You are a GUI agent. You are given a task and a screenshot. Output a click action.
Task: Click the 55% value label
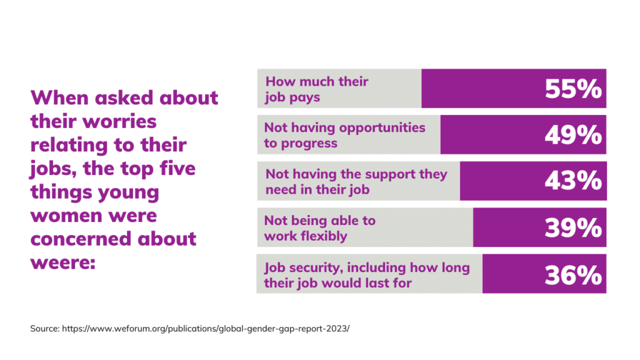click(x=572, y=89)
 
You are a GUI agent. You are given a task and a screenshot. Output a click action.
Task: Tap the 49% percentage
click(x=572, y=136)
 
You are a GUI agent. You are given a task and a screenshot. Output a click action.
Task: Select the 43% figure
click(x=572, y=182)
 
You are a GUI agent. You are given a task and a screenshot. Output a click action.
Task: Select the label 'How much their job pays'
click(x=317, y=89)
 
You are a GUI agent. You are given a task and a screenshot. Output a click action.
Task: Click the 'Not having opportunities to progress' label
click(x=344, y=136)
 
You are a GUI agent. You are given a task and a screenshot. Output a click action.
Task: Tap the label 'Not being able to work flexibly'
click(x=319, y=228)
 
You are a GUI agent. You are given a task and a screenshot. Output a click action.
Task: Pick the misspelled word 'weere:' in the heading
click(x=62, y=262)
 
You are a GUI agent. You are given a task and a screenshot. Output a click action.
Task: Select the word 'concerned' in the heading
click(x=84, y=239)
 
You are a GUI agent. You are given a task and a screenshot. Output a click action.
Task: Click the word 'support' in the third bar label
click(x=389, y=174)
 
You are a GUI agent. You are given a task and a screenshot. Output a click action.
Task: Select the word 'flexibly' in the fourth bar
click(x=323, y=236)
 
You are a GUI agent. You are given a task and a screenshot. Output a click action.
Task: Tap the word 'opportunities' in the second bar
click(x=382, y=127)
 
